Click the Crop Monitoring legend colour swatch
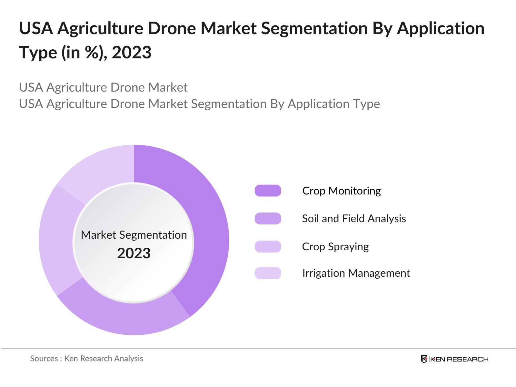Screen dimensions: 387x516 [x=268, y=191]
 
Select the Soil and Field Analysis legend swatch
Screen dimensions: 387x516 [x=268, y=219]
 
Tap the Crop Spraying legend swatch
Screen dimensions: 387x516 [x=268, y=247]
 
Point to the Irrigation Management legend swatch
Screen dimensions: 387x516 [x=268, y=273]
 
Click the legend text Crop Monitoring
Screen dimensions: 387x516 [x=341, y=191]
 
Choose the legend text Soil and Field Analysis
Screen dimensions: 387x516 [x=354, y=219]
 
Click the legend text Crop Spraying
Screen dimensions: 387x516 [x=335, y=247]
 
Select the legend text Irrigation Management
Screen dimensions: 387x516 [x=356, y=273]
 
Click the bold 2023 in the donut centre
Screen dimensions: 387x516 [x=134, y=253]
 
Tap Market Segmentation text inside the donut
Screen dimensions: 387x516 [x=134, y=235]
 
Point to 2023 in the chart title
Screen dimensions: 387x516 [x=132, y=53]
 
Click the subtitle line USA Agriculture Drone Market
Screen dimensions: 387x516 [x=103, y=87]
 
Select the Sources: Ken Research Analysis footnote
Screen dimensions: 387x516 [x=86, y=359]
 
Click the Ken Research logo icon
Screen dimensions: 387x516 [x=424, y=359]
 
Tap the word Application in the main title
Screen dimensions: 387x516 [x=441, y=28]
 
